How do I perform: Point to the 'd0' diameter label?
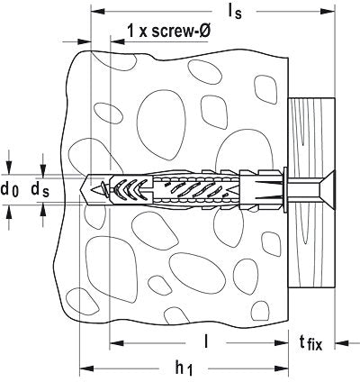pyautogui.click(x=10, y=189)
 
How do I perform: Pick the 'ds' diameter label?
pyautogui.click(x=40, y=189)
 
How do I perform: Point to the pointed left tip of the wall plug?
pyautogui.click(x=85, y=189)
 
